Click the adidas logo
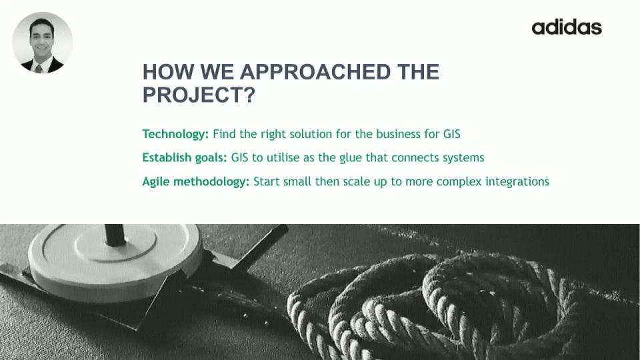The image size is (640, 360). pyautogui.click(x=567, y=27)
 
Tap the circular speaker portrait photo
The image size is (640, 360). pyautogui.click(x=43, y=43)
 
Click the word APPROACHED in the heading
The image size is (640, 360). pyautogui.click(x=315, y=72)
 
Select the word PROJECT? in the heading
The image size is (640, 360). pyautogui.click(x=199, y=95)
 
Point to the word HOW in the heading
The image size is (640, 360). pyautogui.click(x=168, y=72)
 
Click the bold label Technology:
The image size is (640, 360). pyautogui.click(x=175, y=134)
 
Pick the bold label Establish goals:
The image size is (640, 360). pyautogui.click(x=185, y=157)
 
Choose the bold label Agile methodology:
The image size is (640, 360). pyautogui.click(x=195, y=181)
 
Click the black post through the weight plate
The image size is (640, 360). pyautogui.click(x=115, y=235)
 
